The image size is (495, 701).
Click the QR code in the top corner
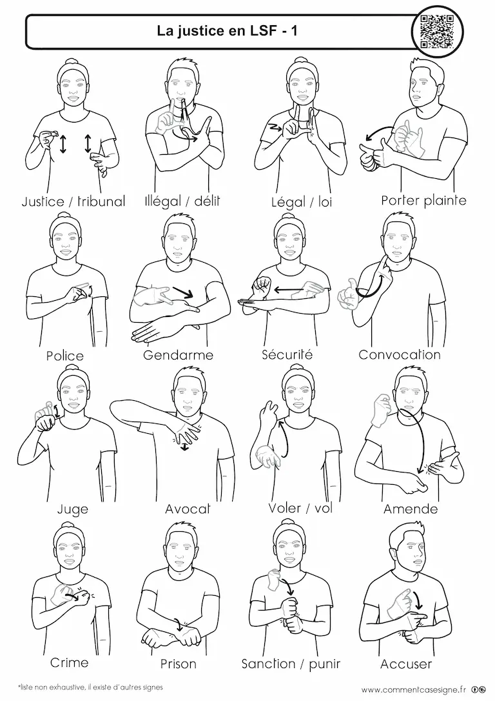click(436, 31)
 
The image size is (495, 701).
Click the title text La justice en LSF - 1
click(227, 30)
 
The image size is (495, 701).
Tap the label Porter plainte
click(423, 200)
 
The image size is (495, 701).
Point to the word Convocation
click(400, 354)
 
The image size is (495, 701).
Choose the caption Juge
click(73, 509)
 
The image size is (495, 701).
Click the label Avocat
click(188, 509)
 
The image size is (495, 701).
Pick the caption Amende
click(411, 509)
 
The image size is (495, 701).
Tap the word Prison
click(178, 664)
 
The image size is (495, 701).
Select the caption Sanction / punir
click(291, 664)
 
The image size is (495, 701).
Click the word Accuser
click(406, 664)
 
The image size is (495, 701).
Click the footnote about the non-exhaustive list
click(90, 687)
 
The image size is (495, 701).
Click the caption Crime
click(69, 662)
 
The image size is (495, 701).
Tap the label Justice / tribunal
click(73, 201)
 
